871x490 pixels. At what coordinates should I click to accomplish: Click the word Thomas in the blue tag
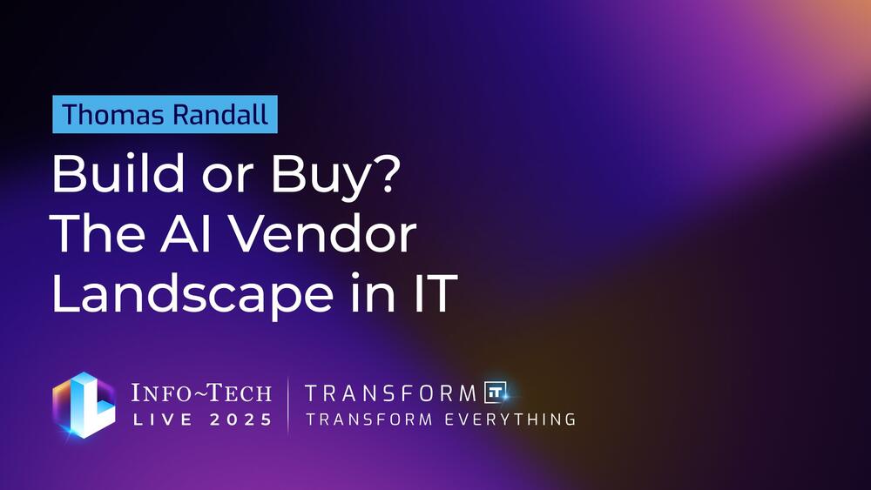click(x=112, y=114)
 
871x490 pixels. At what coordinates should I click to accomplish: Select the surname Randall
click(x=220, y=114)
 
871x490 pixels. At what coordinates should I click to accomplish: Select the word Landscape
click(x=192, y=295)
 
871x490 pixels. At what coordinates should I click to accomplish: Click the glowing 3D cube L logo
click(x=84, y=405)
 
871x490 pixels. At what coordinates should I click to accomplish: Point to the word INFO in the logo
click(x=160, y=393)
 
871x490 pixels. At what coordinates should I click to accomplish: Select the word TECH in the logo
click(x=240, y=393)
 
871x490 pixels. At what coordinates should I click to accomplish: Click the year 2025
click(x=241, y=420)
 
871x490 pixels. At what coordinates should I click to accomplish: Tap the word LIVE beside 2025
click(x=163, y=420)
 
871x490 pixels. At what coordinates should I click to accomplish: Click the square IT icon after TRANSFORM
click(x=495, y=393)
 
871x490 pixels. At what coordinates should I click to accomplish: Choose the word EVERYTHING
click(x=510, y=420)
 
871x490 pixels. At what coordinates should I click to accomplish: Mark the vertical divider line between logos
click(x=288, y=405)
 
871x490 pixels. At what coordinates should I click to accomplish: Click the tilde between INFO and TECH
click(x=199, y=393)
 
